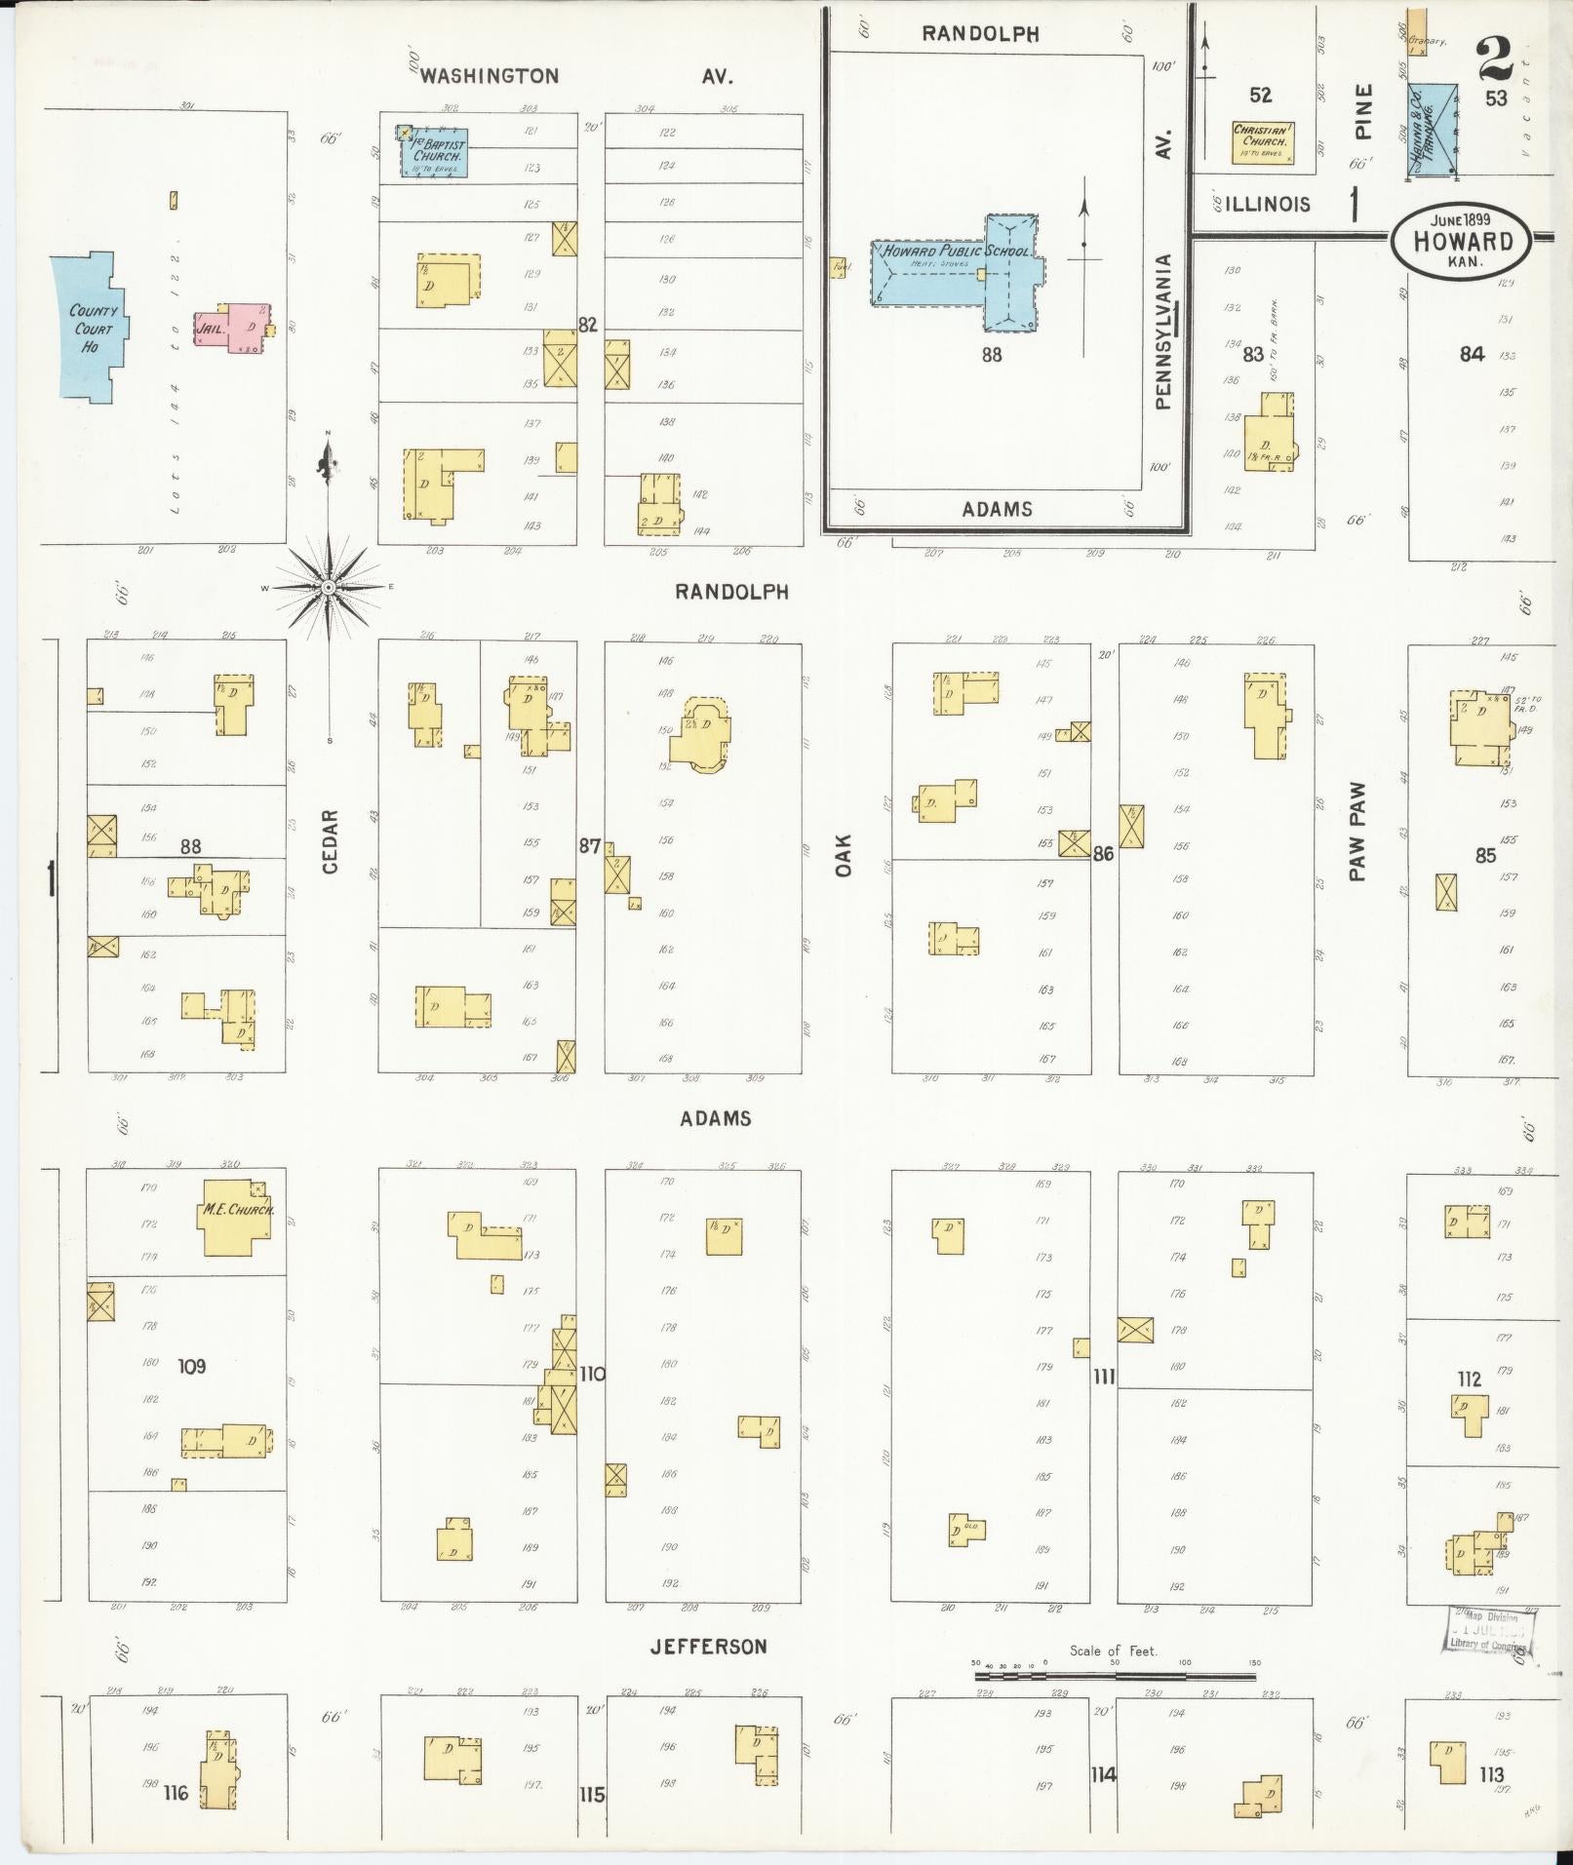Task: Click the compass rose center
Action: point(330,588)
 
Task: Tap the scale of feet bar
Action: point(1114,1677)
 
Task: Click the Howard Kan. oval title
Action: point(1461,241)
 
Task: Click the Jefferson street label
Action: point(709,1647)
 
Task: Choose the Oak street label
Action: point(844,854)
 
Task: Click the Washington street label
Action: point(490,76)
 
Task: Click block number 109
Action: point(191,1367)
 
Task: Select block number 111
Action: point(1104,1377)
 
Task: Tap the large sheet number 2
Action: point(1495,58)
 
